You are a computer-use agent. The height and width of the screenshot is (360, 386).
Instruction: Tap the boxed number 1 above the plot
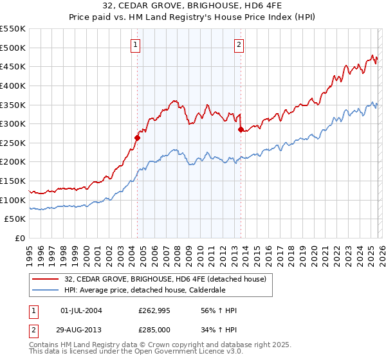pos(136,45)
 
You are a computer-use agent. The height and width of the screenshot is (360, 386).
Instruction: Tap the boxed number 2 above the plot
pos(239,45)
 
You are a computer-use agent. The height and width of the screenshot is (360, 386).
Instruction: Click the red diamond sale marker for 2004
pos(137,137)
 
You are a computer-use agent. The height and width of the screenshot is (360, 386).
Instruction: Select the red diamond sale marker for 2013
pos(240,129)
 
